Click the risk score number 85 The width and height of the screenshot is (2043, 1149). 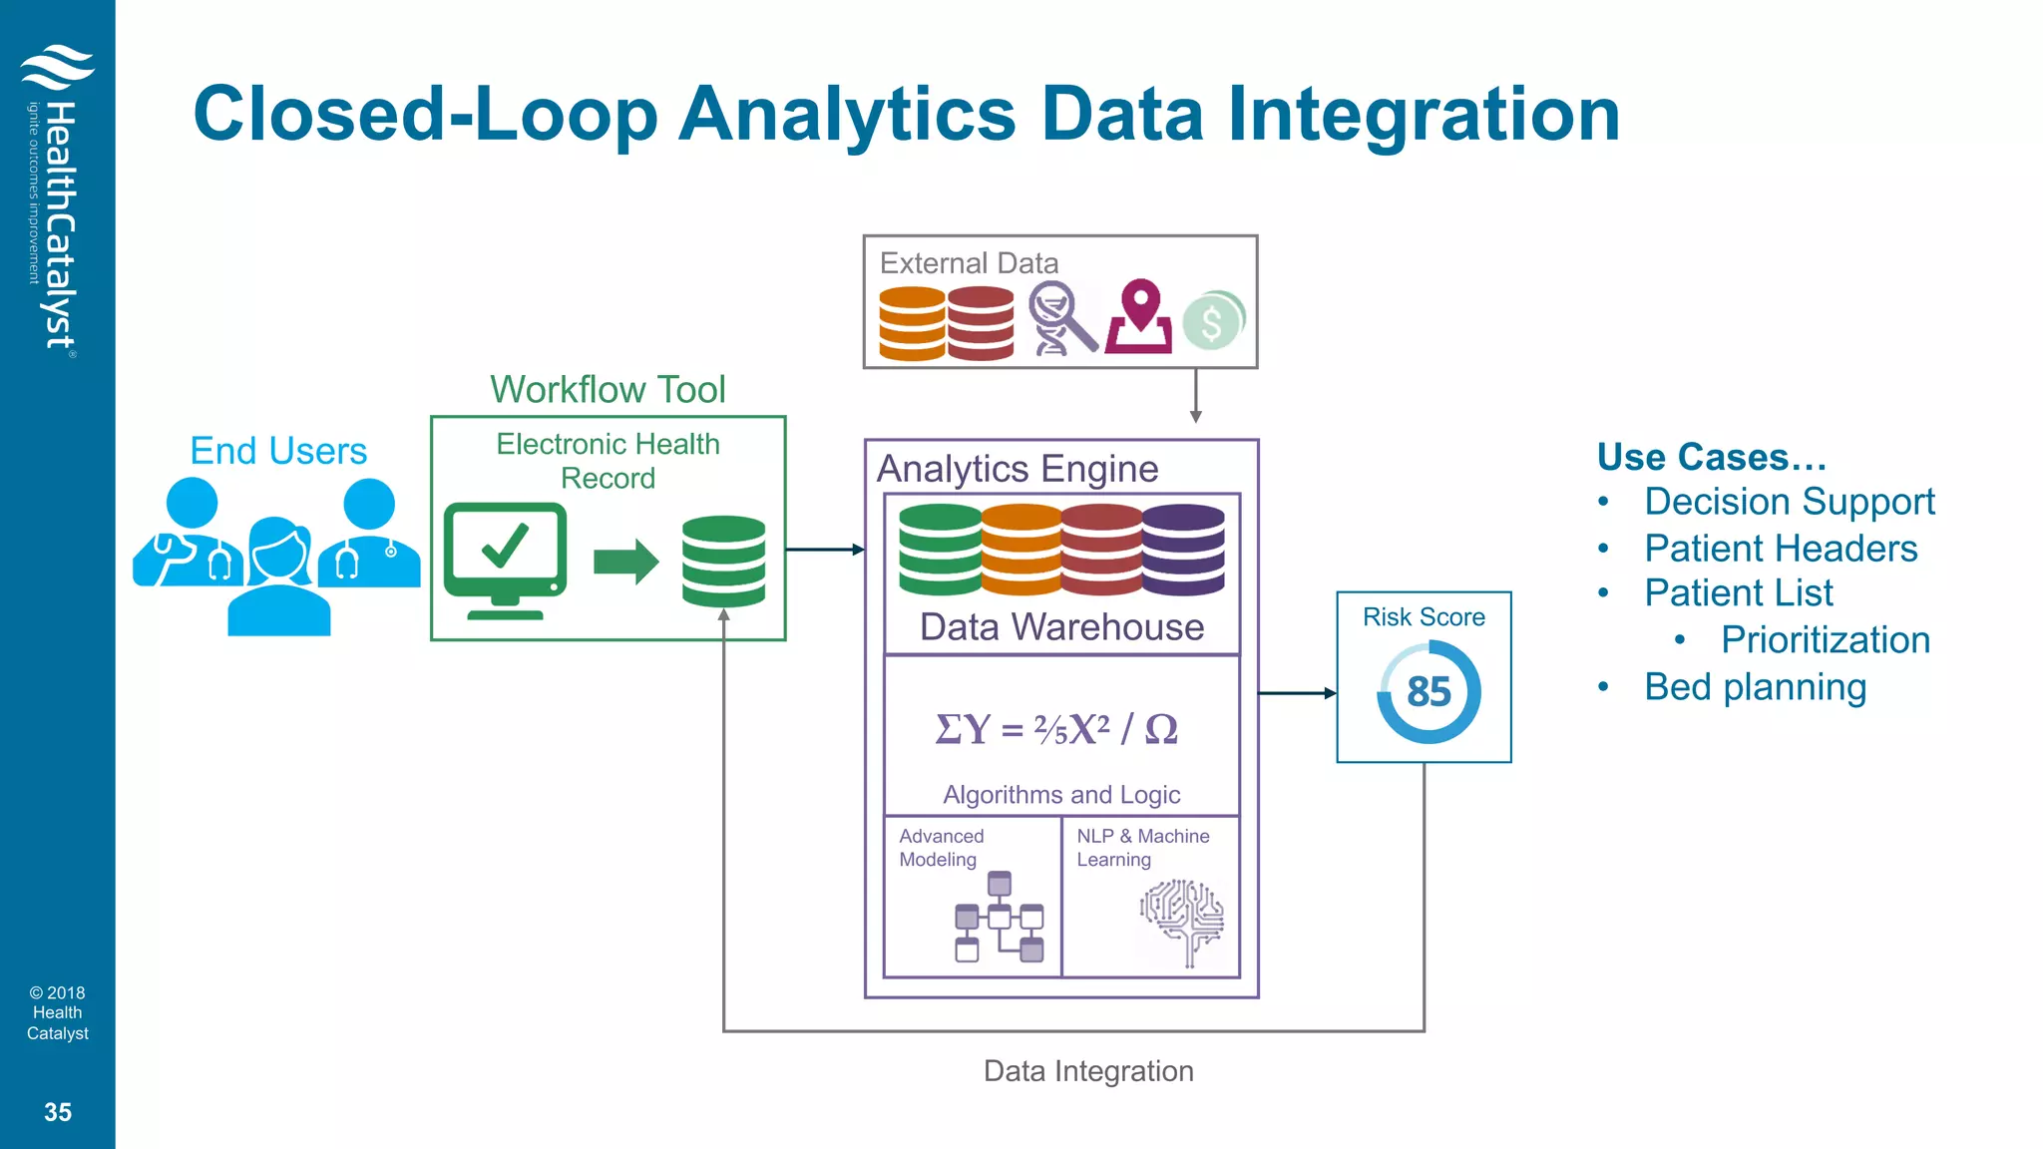(x=1428, y=692)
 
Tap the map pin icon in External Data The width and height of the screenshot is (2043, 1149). (x=1139, y=316)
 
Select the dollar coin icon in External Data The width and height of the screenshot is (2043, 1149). (x=1213, y=321)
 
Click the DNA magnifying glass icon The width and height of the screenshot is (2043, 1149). (x=1060, y=318)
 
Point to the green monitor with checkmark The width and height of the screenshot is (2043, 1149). (x=506, y=559)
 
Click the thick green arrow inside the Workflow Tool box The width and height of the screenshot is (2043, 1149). (x=625, y=562)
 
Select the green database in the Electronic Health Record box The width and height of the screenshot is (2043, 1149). (x=723, y=562)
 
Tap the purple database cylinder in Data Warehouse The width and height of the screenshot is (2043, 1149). (x=1183, y=550)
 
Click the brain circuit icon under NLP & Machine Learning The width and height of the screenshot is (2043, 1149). (x=1182, y=920)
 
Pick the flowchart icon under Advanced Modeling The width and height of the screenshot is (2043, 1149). (x=999, y=918)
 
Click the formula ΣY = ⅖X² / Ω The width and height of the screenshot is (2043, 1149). (x=1057, y=729)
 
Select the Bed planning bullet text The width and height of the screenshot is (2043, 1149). (x=1755, y=687)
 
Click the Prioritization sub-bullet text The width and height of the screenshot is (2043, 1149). (x=1825, y=640)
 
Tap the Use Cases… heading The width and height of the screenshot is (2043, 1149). (x=1711, y=457)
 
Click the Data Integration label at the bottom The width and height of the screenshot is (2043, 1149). (x=1088, y=1071)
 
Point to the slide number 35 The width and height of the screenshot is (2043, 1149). (x=58, y=1112)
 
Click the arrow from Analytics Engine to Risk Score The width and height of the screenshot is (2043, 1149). (x=1297, y=692)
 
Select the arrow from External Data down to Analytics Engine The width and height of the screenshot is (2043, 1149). (x=1195, y=397)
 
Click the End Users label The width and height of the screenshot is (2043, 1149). (x=278, y=451)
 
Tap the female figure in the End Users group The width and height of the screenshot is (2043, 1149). (x=278, y=578)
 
